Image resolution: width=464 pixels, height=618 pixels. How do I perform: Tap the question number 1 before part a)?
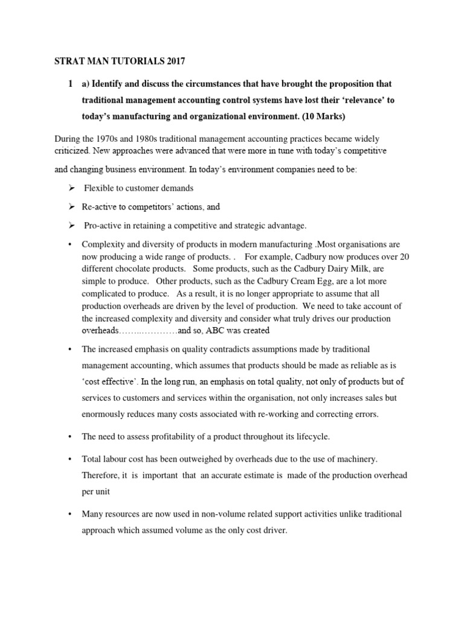(71, 83)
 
